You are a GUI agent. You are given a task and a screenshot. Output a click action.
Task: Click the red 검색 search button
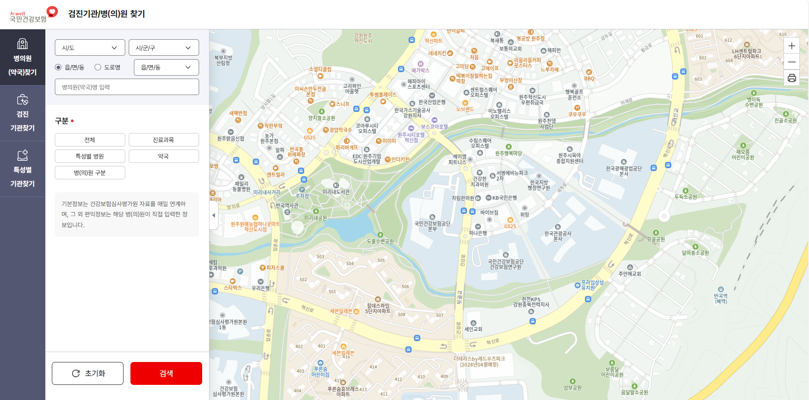tap(166, 373)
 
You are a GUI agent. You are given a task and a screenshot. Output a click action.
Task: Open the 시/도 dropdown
tap(90, 48)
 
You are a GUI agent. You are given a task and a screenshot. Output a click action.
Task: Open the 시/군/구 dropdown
tap(164, 48)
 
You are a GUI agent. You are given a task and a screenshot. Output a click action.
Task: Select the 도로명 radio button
tap(98, 67)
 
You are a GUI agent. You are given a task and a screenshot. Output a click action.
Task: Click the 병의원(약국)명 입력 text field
tap(127, 87)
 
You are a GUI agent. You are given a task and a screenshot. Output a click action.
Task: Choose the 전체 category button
tap(90, 140)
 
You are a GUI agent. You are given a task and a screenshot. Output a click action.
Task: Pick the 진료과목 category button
tap(164, 140)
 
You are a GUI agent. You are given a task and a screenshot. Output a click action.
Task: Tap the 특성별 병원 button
tap(90, 156)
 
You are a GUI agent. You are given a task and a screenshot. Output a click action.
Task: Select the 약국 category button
tap(164, 156)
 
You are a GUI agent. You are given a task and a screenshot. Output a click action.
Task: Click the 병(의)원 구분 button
tap(90, 173)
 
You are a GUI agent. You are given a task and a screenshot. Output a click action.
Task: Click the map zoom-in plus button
tap(792, 46)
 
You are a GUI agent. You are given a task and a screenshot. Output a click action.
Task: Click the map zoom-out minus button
tap(792, 62)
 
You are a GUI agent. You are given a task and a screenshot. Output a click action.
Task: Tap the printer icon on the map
tap(792, 78)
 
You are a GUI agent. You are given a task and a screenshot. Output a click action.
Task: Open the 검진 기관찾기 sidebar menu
tap(22, 113)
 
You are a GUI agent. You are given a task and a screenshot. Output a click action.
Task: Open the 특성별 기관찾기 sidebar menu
tap(22, 169)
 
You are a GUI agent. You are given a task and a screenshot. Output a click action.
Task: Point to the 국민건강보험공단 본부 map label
tap(432, 225)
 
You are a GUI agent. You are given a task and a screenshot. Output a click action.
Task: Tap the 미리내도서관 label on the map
tap(336, 191)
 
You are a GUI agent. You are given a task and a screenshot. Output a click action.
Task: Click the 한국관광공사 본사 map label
tap(558, 235)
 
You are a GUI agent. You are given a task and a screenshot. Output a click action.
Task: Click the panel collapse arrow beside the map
tap(213, 215)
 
